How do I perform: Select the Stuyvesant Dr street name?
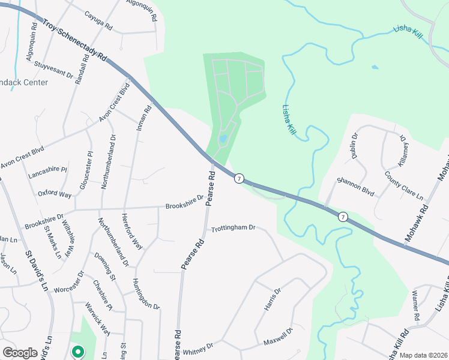point(53,70)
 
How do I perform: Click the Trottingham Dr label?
point(234,228)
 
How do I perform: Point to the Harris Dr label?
point(273,299)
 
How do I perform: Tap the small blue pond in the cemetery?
point(223,139)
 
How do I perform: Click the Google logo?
point(20,353)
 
